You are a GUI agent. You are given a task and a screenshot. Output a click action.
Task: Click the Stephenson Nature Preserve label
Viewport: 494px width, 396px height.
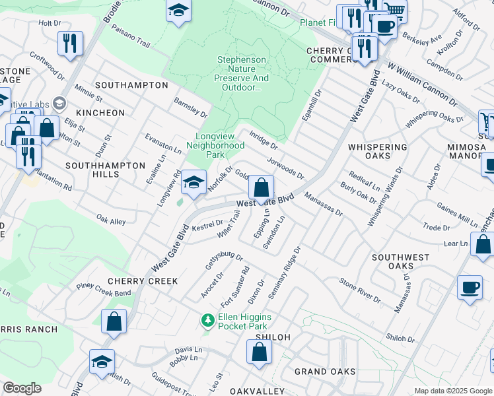[x=242, y=74]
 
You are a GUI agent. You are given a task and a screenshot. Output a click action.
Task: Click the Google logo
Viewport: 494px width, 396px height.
[x=22, y=388]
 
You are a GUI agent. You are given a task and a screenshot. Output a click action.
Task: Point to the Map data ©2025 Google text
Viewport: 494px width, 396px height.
[x=453, y=391]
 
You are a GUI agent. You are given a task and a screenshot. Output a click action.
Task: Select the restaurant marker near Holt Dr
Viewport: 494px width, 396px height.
[x=69, y=44]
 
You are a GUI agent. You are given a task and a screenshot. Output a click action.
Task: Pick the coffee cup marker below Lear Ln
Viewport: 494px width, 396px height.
[x=470, y=288]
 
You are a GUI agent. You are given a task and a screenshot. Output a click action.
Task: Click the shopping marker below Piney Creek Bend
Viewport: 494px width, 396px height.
[x=114, y=322]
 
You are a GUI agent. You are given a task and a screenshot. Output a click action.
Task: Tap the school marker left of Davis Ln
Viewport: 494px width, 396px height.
[x=102, y=362]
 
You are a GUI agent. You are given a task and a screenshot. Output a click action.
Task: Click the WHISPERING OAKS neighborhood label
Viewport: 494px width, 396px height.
[x=377, y=151]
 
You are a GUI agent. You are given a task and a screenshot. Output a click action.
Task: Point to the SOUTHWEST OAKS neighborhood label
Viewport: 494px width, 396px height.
[x=402, y=261]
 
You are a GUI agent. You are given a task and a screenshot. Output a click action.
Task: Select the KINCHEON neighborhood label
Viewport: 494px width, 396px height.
[x=100, y=113]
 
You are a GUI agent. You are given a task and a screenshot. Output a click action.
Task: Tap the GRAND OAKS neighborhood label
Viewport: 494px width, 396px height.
[x=324, y=372]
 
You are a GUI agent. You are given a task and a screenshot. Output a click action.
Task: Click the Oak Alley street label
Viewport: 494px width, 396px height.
[x=110, y=220]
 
